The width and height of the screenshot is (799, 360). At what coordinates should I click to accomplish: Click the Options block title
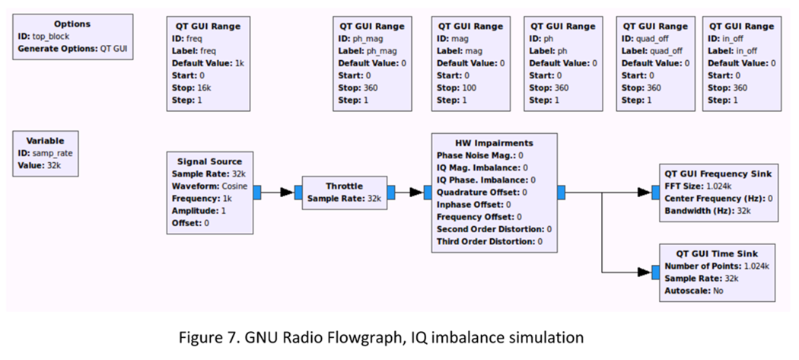72,24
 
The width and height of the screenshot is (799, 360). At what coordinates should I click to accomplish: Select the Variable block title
46,140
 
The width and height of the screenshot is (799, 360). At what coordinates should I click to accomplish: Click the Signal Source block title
209,161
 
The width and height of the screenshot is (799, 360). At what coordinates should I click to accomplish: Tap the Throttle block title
344,186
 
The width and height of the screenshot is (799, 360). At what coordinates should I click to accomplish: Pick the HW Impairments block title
494,143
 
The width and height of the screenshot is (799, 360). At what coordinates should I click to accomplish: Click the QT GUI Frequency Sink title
718,175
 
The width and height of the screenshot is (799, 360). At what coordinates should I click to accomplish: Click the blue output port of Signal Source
257,192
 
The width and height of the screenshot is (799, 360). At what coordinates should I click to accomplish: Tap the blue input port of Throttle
298,193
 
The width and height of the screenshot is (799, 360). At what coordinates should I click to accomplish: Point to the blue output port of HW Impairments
561,193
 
